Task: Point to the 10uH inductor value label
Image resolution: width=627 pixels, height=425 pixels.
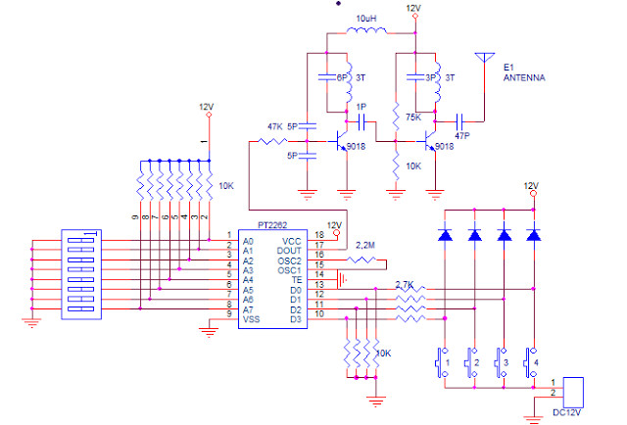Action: coord(366,19)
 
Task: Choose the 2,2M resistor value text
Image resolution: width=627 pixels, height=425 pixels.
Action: coord(364,243)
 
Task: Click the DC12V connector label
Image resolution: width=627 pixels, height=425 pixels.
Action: coord(566,413)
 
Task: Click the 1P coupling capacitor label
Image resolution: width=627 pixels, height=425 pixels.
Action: coord(362,106)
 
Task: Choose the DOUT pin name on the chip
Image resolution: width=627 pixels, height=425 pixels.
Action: coord(290,251)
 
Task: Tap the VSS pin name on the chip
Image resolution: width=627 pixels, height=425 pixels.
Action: coord(252,319)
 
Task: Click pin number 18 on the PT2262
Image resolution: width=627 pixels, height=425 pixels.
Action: coord(318,236)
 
